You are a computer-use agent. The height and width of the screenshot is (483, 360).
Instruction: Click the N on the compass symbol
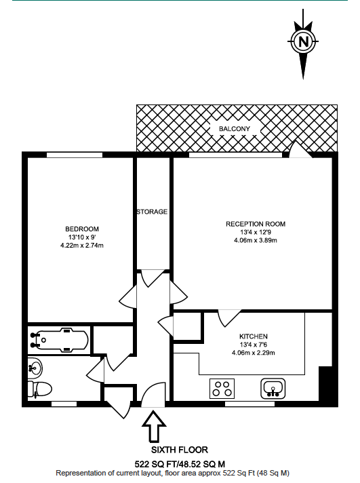(304, 41)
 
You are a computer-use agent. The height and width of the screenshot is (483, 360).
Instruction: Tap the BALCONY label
(235, 129)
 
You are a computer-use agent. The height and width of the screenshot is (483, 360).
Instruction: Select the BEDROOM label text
(82, 229)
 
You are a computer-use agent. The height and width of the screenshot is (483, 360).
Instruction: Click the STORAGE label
(152, 212)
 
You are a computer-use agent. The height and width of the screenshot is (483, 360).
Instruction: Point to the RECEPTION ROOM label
(256, 224)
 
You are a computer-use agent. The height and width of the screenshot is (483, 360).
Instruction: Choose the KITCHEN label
(254, 336)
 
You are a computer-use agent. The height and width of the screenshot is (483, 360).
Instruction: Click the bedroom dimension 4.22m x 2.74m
(82, 246)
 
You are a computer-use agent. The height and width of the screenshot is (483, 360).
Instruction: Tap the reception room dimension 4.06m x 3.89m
(256, 240)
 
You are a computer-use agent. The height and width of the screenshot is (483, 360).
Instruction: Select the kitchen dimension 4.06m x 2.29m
(254, 353)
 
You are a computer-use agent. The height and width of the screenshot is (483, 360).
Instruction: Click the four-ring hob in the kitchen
(222, 389)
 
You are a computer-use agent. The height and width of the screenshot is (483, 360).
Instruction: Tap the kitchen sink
(273, 389)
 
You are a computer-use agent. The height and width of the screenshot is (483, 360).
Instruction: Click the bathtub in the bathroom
(59, 340)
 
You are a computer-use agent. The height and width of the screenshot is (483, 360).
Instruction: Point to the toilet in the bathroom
(39, 389)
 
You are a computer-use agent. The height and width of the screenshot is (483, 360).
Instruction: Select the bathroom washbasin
(35, 368)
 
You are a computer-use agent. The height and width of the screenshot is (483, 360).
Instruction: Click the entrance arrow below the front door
(154, 427)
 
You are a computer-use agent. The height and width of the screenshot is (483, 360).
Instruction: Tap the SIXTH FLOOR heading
(180, 450)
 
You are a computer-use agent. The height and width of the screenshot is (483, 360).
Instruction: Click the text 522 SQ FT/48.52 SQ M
(180, 464)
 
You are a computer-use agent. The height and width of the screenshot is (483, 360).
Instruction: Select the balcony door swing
(300, 149)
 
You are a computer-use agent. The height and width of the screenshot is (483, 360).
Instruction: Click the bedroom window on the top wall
(75, 155)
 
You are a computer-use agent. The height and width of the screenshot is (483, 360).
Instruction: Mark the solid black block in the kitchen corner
(325, 383)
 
